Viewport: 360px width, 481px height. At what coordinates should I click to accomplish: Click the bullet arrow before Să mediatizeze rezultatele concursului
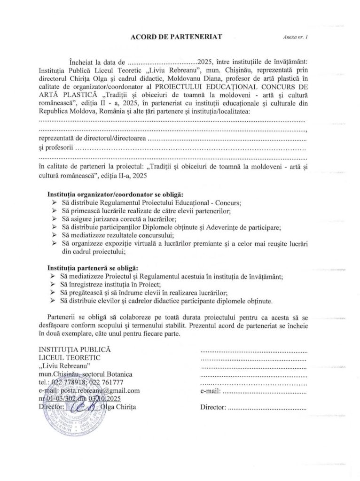click(54, 235)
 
